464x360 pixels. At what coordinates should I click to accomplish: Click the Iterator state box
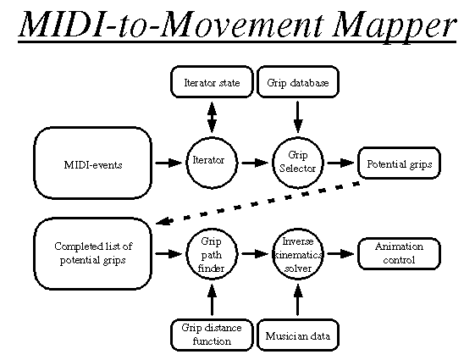(212, 82)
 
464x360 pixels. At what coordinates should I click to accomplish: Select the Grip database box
(298, 82)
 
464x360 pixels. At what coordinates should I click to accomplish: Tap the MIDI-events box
(93, 163)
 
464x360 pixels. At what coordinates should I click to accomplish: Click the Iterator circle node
(212, 163)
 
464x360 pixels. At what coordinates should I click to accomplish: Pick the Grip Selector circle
(298, 163)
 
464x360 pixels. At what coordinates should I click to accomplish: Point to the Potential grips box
(399, 163)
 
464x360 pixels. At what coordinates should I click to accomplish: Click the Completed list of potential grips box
(93, 253)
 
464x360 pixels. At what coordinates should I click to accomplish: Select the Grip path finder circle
(212, 254)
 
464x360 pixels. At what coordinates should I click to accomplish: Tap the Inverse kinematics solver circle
(298, 254)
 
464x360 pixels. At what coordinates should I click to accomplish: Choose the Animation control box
(399, 253)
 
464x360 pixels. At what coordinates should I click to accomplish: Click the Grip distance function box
(212, 335)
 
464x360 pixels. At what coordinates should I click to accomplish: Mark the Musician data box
(298, 335)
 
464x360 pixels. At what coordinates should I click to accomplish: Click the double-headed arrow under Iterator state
(212, 117)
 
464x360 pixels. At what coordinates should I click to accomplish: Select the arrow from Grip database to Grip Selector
(298, 117)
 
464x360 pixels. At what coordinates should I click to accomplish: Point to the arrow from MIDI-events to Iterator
(168, 163)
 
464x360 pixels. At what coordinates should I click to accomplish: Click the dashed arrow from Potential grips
(257, 203)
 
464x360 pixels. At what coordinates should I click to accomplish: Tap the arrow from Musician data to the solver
(298, 300)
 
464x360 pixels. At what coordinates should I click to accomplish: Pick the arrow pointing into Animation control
(341, 254)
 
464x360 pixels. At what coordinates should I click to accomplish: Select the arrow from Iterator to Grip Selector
(255, 163)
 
